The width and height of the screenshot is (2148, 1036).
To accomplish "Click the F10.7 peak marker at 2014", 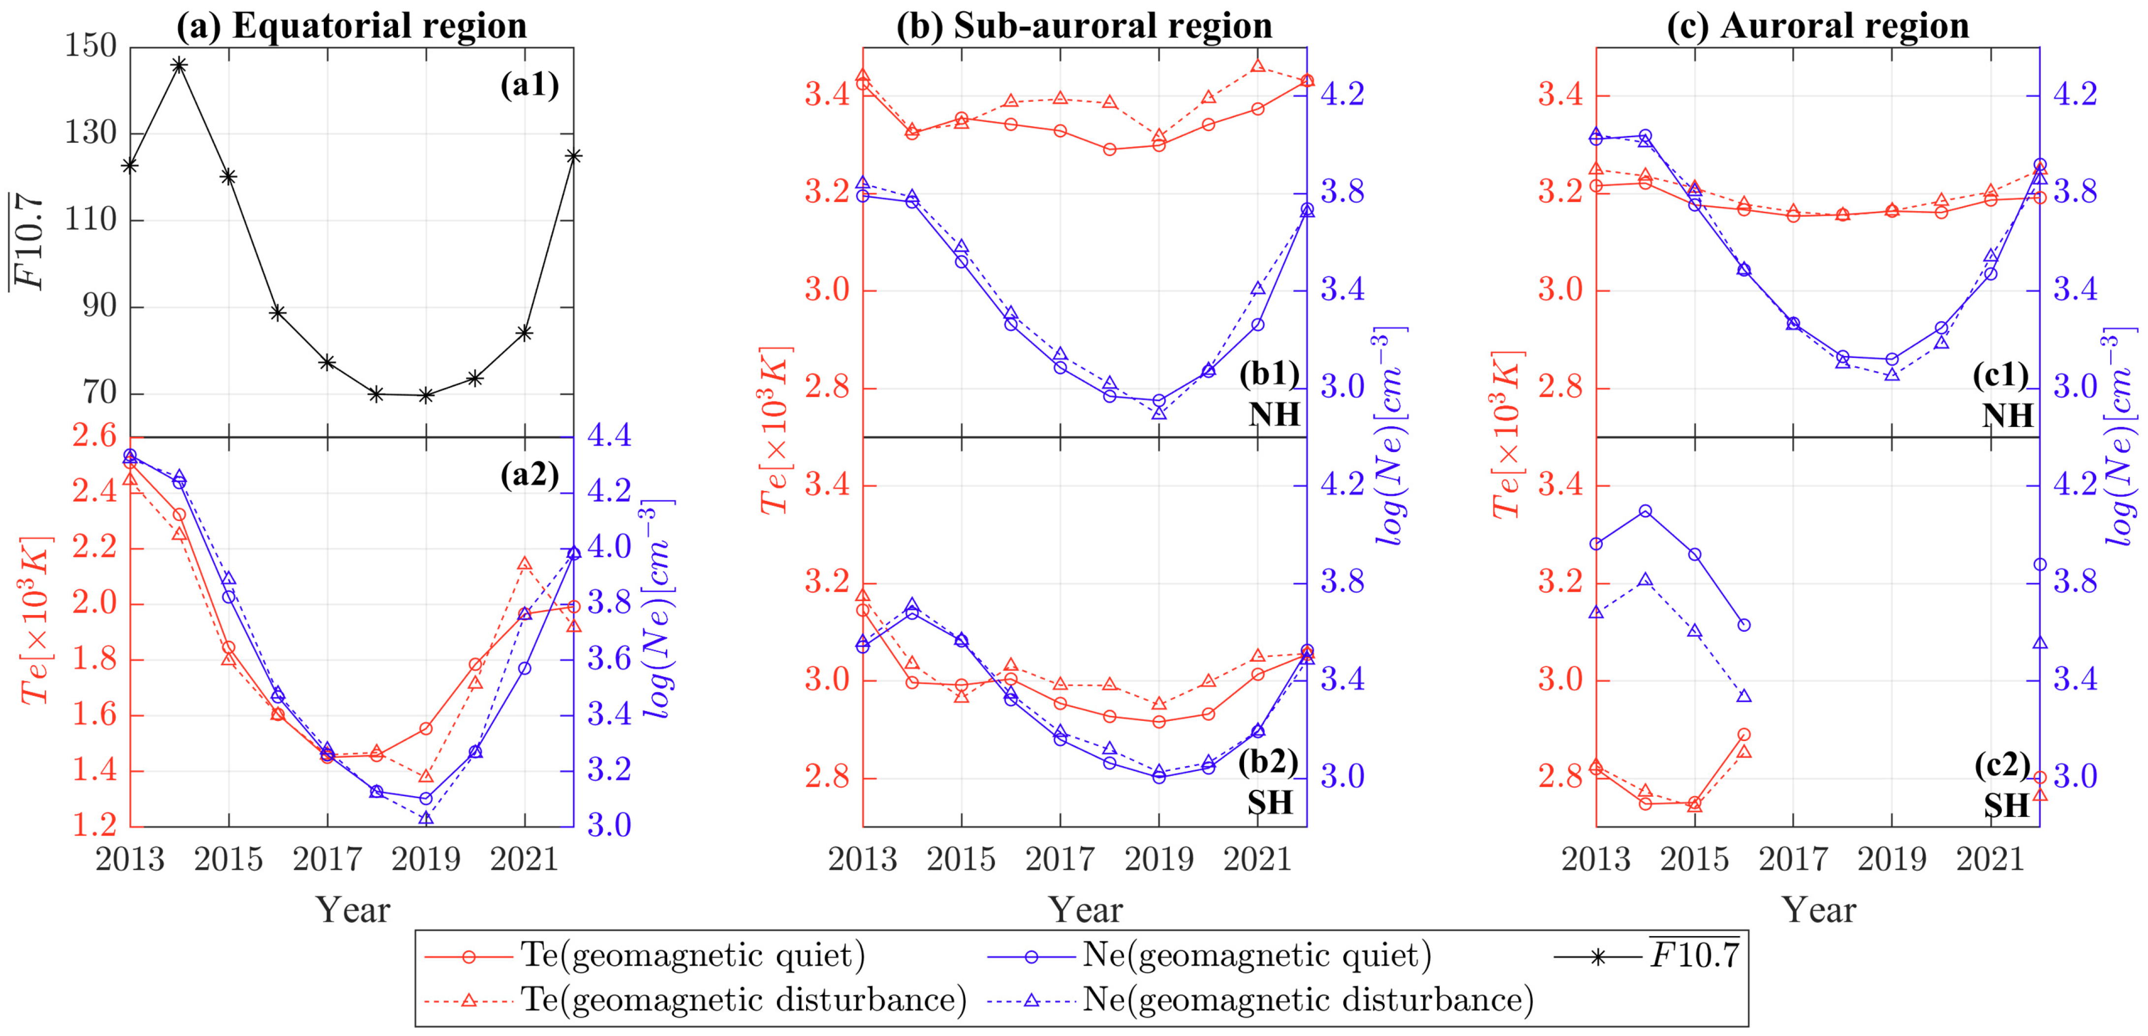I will [179, 65].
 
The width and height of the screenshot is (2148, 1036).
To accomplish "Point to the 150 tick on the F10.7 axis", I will [91, 46].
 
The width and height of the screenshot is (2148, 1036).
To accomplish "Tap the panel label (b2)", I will [1268, 762].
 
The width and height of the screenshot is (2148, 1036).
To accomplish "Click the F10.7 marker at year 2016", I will [278, 313].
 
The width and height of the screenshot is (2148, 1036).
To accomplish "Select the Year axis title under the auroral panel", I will [1819, 910].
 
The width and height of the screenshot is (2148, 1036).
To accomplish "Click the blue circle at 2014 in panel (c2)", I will [1645, 511].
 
